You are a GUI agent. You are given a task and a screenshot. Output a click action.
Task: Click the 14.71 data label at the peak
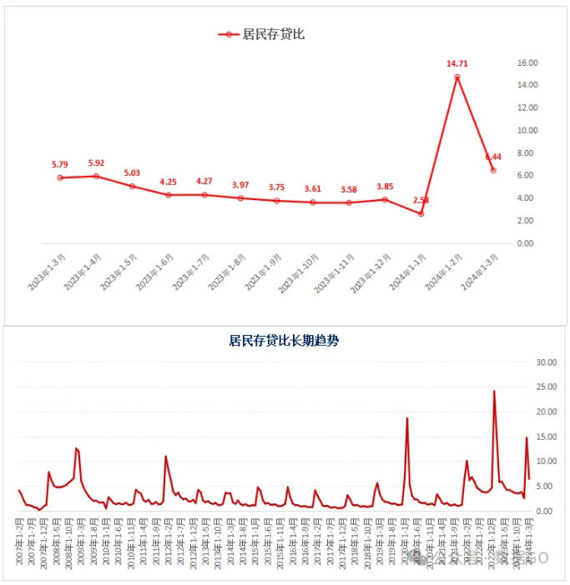point(457,63)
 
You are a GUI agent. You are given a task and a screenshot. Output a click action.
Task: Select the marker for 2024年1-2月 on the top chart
point(457,77)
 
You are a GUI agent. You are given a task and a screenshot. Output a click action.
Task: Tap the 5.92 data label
point(96,163)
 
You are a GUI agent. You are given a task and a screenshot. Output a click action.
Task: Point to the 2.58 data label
point(421,201)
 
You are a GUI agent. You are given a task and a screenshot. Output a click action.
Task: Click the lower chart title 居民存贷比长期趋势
point(284,340)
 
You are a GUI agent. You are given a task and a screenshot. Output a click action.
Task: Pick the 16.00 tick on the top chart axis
point(527,62)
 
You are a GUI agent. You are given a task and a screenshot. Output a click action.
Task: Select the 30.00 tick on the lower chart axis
point(546,362)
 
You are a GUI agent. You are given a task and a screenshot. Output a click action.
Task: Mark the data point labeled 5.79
point(60,177)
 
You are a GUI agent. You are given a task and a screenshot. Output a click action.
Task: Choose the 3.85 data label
point(385,186)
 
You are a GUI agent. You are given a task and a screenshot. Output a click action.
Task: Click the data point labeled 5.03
point(132,186)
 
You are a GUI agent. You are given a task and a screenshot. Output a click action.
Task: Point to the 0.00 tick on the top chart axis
point(525,243)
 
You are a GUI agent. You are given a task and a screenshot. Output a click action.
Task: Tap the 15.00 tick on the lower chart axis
point(546,437)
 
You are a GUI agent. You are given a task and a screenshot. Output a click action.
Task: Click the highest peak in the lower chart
point(494,391)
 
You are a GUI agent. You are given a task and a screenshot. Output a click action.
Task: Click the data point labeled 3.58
point(349,202)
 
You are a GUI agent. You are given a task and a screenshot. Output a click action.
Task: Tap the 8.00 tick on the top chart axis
point(525,153)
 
